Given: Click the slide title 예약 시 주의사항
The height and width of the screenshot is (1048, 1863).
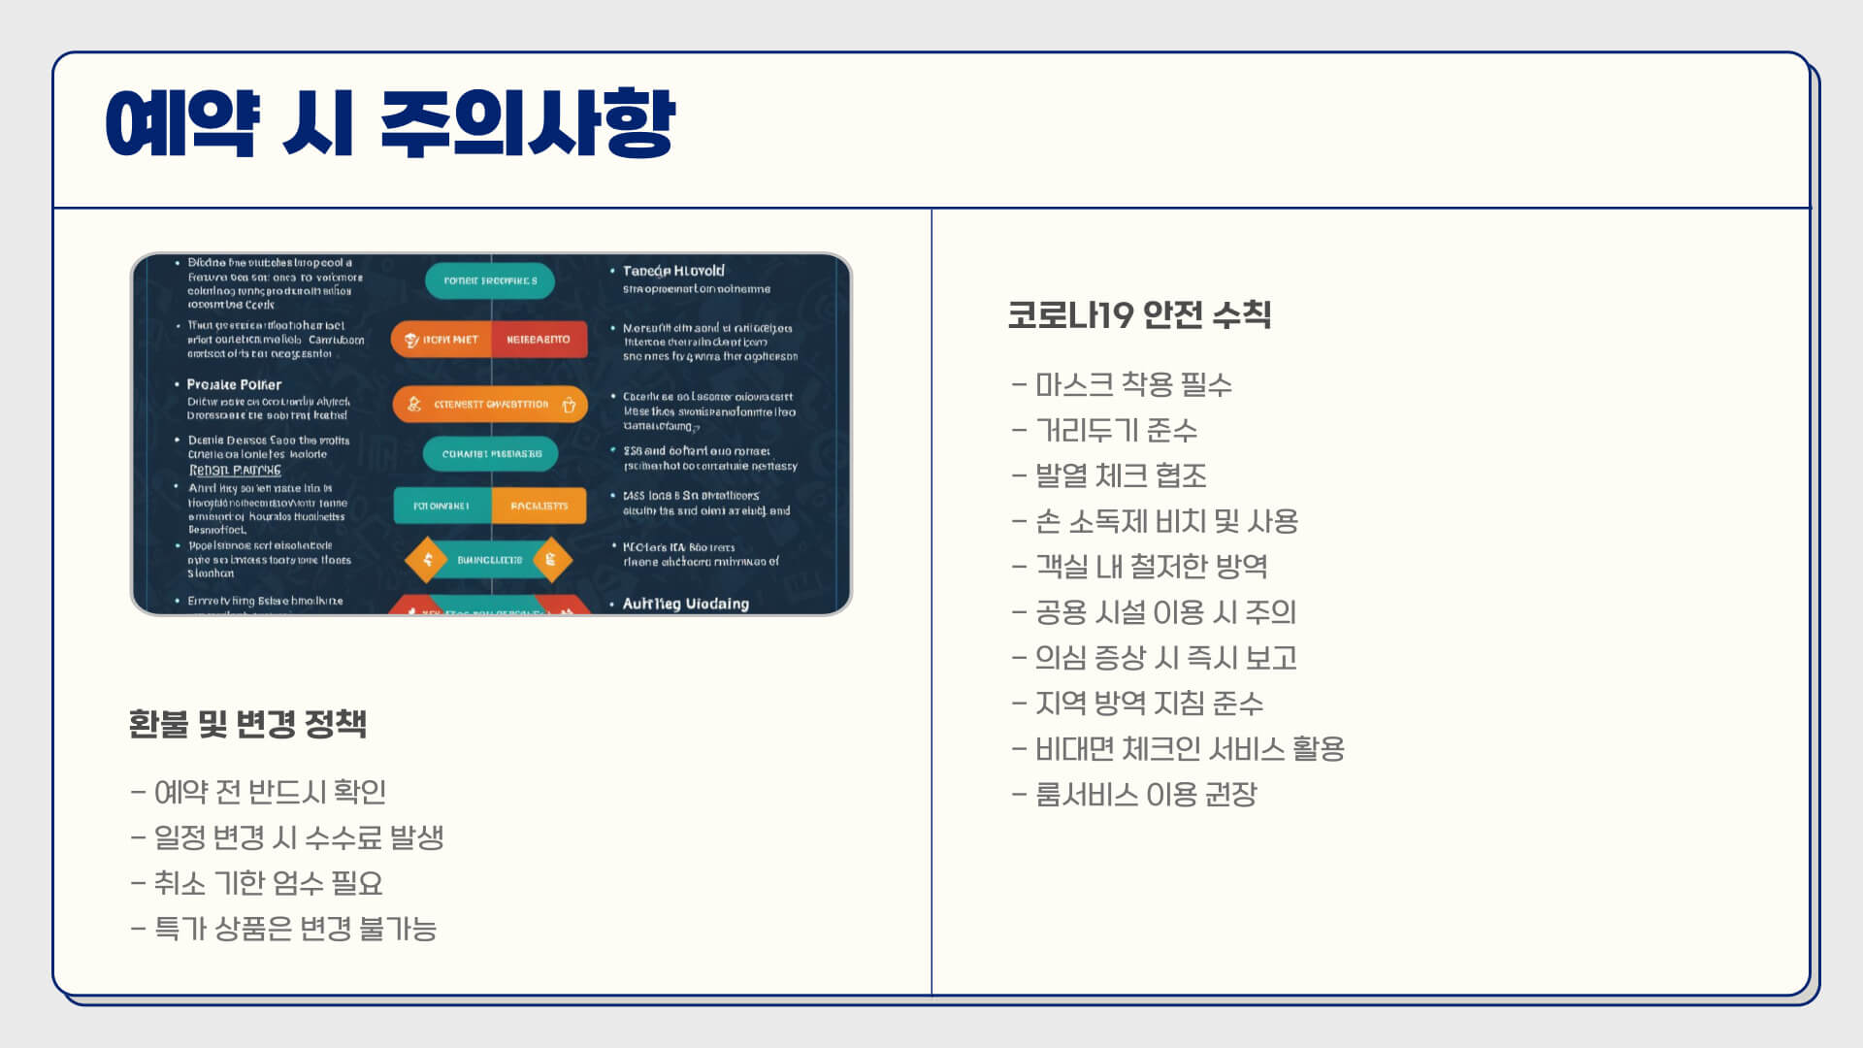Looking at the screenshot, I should [x=390, y=124].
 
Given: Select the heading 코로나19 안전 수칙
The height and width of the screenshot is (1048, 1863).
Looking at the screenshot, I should [x=1139, y=314].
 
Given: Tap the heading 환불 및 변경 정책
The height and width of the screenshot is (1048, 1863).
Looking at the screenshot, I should [x=247, y=724].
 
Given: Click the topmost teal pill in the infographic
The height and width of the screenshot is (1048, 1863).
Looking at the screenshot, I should [x=490, y=280].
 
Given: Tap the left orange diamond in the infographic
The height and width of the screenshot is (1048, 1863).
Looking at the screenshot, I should [x=426, y=560].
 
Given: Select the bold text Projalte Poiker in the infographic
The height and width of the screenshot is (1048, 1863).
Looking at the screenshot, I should [x=234, y=384].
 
